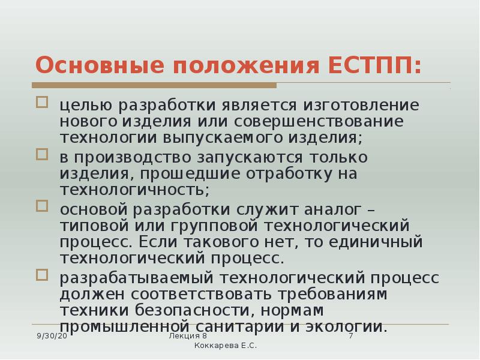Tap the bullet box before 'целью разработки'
point(42,102)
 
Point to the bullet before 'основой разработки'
point(42,206)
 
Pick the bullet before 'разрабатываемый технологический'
point(42,275)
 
